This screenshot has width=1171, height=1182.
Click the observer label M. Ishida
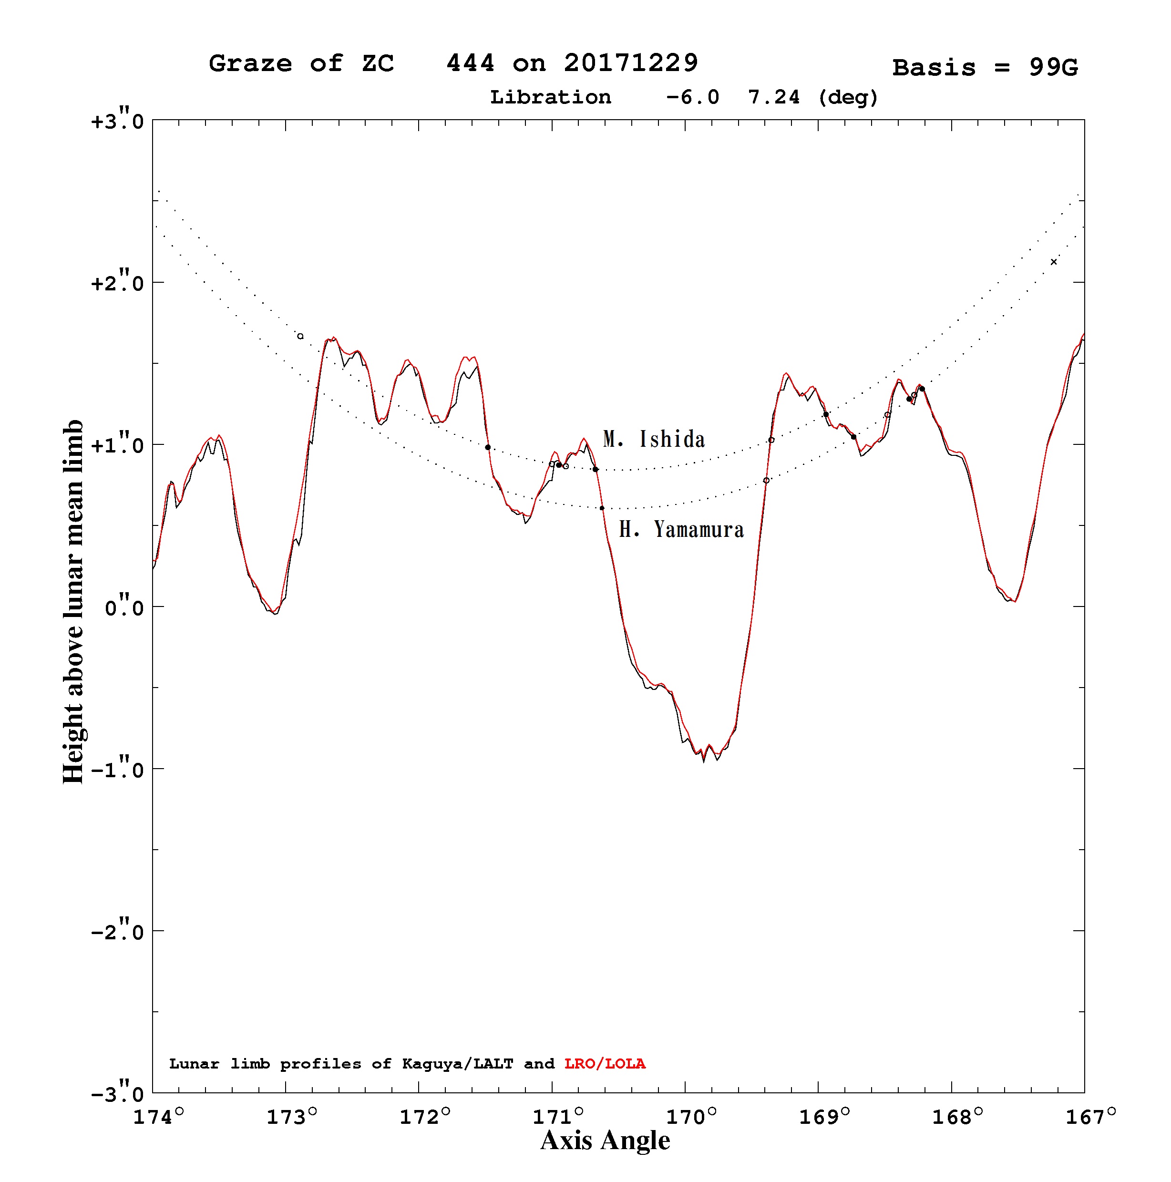coord(653,439)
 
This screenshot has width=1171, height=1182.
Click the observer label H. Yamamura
coord(681,529)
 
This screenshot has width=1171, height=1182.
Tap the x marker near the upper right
coord(1053,262)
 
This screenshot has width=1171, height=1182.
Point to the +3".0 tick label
coord(117,119)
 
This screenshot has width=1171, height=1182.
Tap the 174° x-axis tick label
coord(158,1117)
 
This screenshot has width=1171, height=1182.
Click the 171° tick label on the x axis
coord(558,1117)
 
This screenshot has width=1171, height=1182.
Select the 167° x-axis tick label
coord(1091,1117)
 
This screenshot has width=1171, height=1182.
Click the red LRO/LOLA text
coord(605,1063)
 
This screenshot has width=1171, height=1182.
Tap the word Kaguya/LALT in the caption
coord(458,1064)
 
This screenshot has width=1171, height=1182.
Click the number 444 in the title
coord(470,63)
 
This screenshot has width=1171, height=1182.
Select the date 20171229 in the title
coord(631,63)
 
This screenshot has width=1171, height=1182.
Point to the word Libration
coord(550,97)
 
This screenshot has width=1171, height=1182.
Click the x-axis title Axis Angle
coord(605,1141)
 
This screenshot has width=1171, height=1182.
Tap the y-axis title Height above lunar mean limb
coord(73,601)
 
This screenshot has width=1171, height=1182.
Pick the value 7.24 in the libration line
coord(773,97)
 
